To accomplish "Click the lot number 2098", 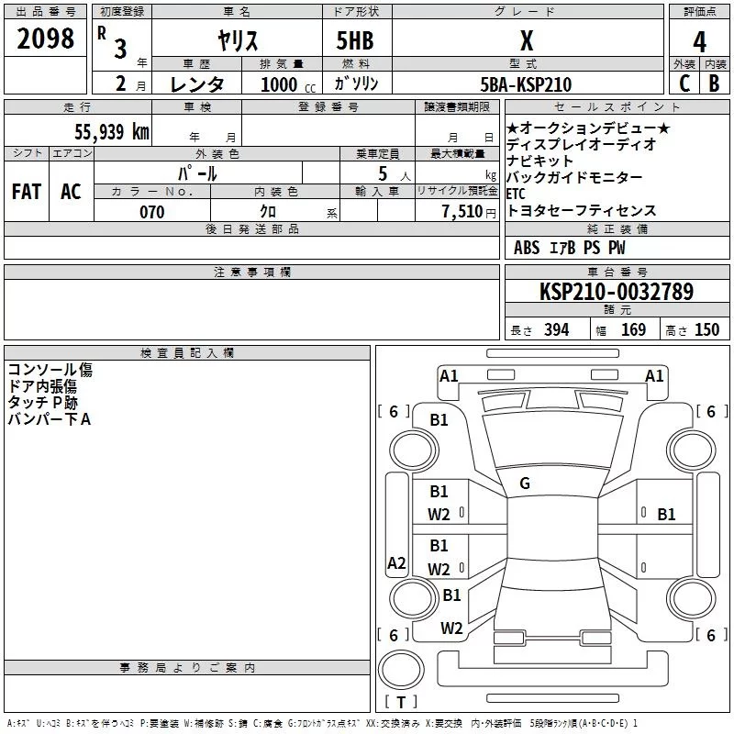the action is [45, 39].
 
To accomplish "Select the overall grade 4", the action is [699, 42].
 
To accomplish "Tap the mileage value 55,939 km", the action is [112, 131].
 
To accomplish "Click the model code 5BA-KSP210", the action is [526, 84].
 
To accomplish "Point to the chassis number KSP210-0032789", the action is [617, 291].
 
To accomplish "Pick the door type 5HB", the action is [355, 40].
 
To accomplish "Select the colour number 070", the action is [152, 212].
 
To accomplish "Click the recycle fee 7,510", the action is [462, 212].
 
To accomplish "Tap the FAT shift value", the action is [27, 192].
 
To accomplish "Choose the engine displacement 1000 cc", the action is [288, 84].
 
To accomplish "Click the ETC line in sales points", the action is [516, 194].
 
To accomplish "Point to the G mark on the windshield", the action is [525, 484].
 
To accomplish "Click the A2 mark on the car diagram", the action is [396, 562].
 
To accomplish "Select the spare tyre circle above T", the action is [401, 670].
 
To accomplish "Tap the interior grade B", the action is [714, 83].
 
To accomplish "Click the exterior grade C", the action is [684, 83].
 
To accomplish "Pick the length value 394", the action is [557, 329].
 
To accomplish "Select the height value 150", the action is [706, 329].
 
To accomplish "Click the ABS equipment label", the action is [527, 248].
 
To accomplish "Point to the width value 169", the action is [633, 329].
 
